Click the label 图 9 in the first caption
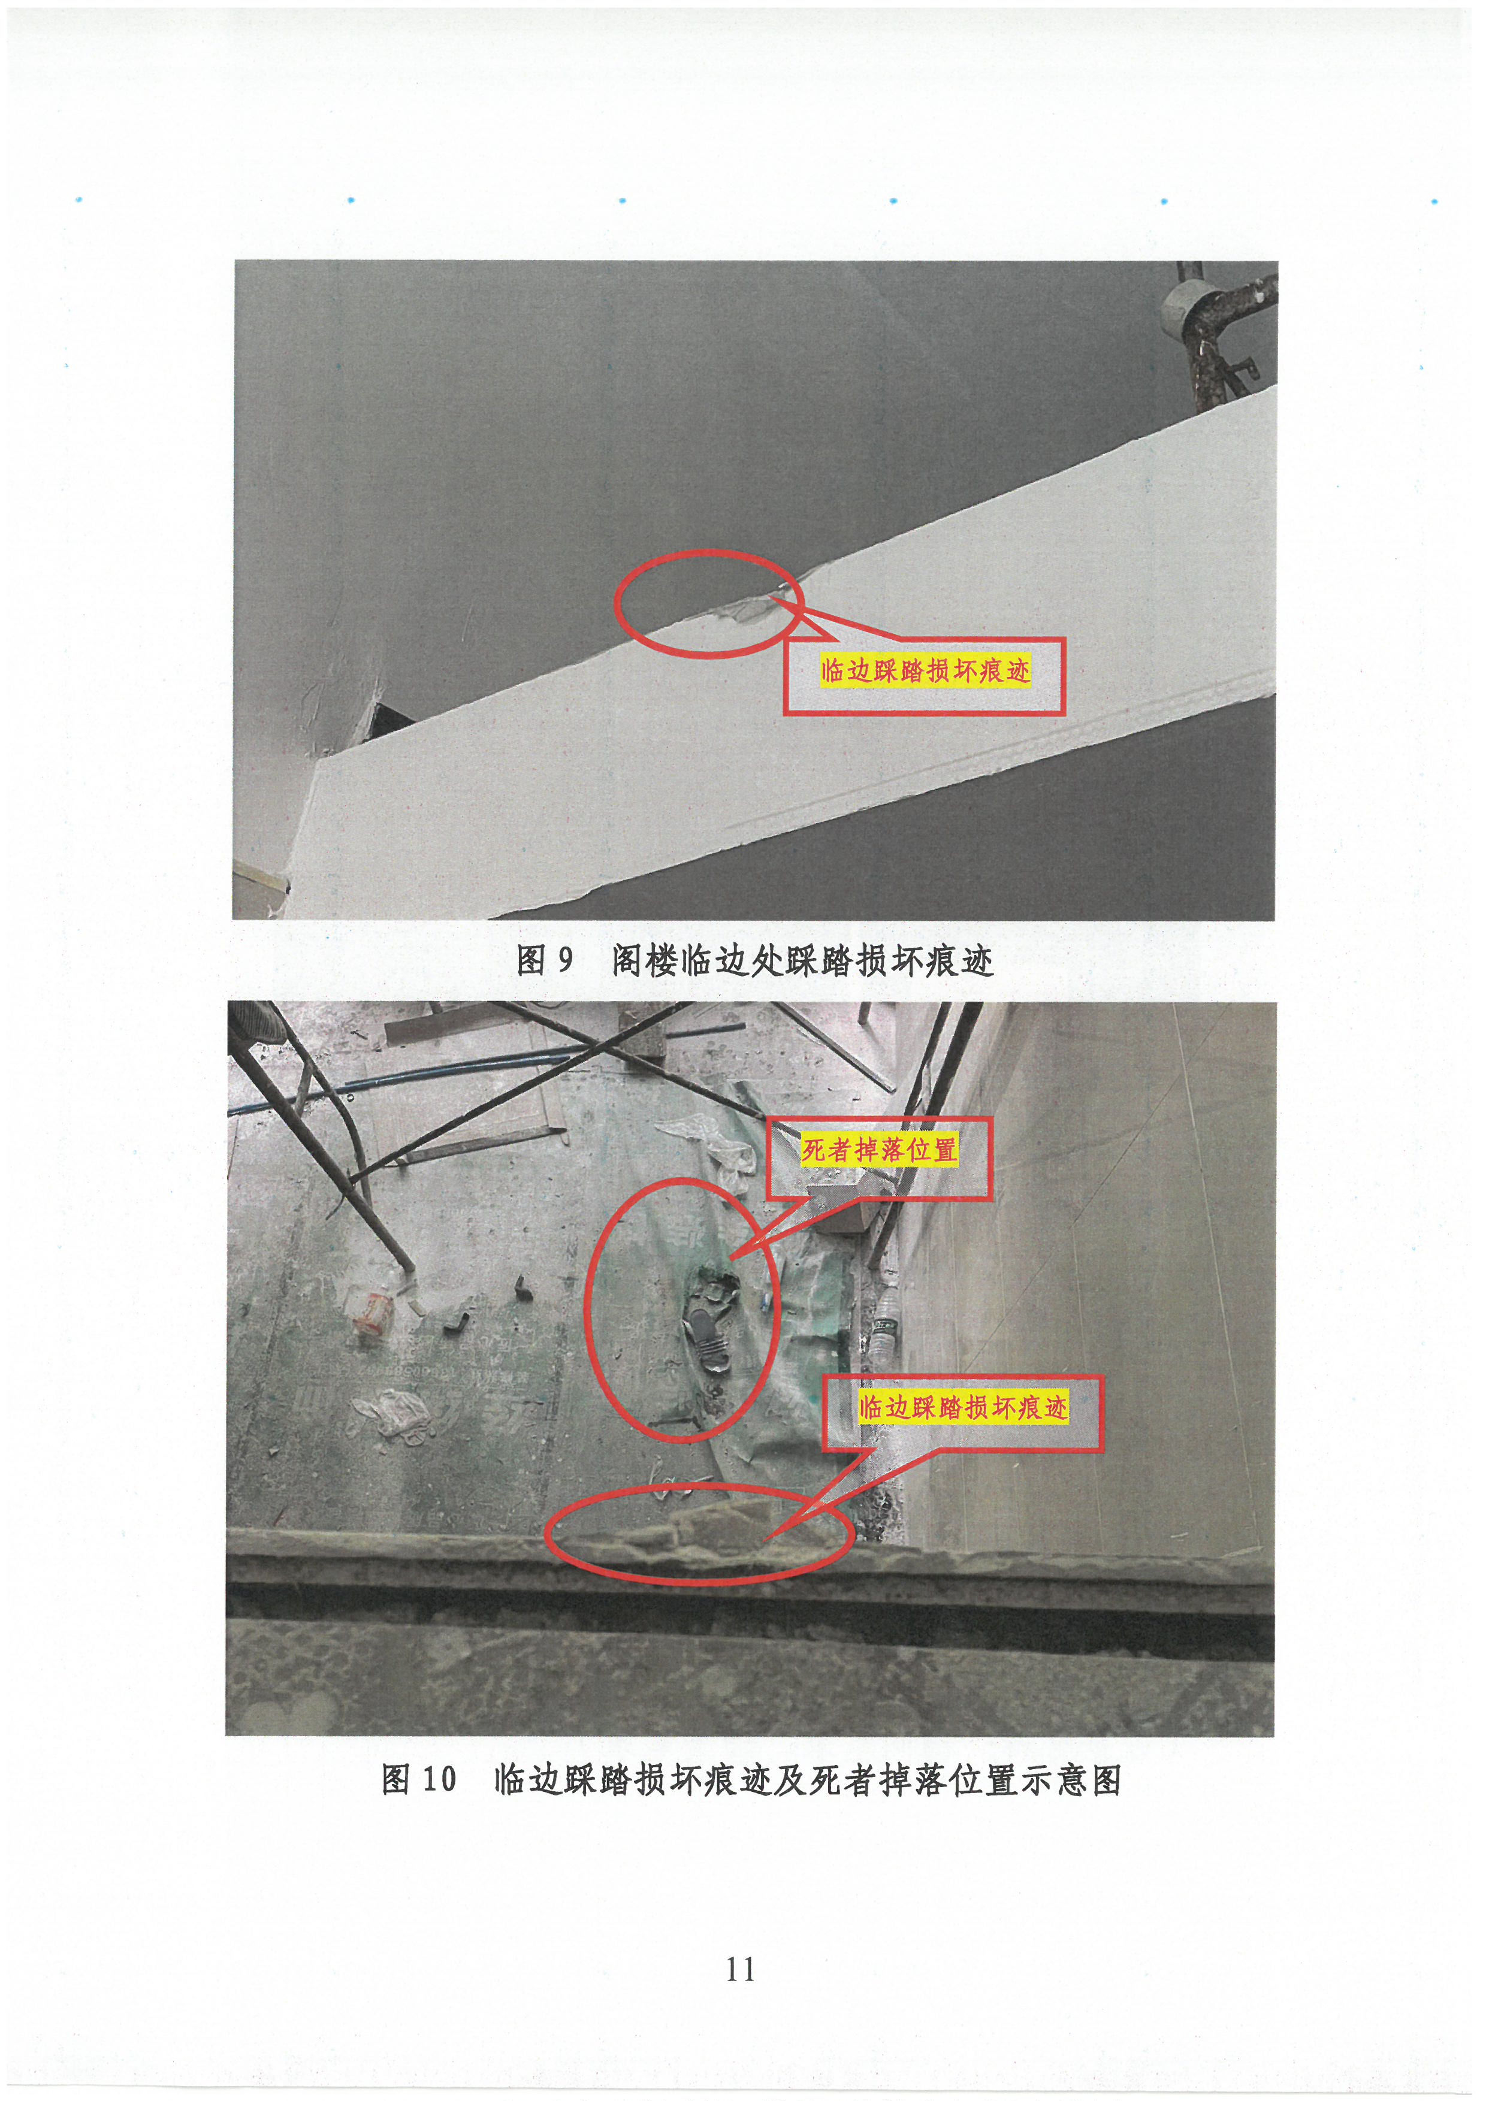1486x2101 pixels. pyautogui.click(x=545, y=960)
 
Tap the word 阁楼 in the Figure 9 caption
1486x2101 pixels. pyautogui.click(x=646, y=960)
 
